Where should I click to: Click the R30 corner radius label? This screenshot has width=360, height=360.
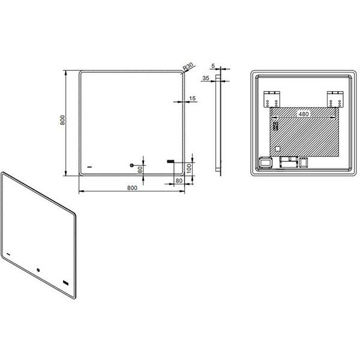188,67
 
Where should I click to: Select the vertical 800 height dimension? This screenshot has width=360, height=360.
62,120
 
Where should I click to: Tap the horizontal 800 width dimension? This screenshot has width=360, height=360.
132,188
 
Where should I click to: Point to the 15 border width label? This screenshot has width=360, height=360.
193,98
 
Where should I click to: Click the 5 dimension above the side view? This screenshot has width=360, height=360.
213,66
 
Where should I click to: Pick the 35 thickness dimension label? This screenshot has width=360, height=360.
206,78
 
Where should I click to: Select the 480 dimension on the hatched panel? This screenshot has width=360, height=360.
304,113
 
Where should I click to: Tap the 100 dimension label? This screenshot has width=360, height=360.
189,169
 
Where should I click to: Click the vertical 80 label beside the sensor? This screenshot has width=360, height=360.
140,170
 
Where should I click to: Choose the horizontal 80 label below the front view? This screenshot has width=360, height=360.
179,181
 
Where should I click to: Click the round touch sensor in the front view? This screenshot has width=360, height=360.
132,165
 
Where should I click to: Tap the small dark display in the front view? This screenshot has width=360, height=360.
170,161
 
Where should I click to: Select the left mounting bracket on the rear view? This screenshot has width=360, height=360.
272,99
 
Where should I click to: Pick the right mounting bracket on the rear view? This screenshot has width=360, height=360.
335,99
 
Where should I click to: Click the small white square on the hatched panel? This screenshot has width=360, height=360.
278,149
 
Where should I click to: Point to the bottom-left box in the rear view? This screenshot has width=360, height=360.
265,163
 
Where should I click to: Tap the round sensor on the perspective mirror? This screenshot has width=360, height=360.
38,270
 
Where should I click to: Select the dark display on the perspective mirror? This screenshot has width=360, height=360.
65,283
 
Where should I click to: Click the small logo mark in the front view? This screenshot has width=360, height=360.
89,167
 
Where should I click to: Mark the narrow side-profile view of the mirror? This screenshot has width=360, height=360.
218,123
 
